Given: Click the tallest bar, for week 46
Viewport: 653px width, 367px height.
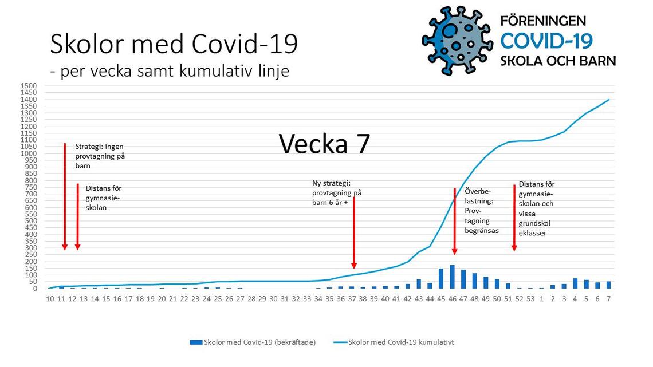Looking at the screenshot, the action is pos(453,277).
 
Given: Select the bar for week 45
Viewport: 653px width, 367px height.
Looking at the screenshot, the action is pos(441,279).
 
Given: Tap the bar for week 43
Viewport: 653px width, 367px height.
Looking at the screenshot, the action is pos(419,284).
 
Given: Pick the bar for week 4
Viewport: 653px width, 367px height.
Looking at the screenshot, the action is pos(575,283).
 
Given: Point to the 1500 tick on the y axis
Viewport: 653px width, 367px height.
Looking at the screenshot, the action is pos(29,86).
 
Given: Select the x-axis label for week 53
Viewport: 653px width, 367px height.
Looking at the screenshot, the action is pos(530,299).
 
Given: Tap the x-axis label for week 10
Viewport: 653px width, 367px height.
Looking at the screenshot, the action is pos(50,299).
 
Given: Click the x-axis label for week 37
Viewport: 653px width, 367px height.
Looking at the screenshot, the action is pos(352,299).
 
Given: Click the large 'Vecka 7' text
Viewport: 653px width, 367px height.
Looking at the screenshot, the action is pos(324,144).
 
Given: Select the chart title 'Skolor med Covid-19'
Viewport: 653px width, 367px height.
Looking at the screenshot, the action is pos(174,44).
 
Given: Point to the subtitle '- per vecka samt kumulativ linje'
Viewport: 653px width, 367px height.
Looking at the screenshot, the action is pos(170,71).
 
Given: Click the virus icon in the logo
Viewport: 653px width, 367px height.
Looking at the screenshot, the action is pos(457,41).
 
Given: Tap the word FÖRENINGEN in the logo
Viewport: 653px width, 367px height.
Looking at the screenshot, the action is pos(543,21).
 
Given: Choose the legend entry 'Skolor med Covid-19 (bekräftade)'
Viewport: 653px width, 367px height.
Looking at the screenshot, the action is pos(253,342).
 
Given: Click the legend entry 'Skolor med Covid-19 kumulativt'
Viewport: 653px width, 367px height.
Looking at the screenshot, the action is pos(394,342).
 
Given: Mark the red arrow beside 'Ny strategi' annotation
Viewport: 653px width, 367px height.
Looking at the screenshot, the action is pos(354,232).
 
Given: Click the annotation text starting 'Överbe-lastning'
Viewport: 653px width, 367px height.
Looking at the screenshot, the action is pos(482,211).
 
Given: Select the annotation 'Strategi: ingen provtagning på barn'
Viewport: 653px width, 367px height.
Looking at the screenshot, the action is pos(100,156).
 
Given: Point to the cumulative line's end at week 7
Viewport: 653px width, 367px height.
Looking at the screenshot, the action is pos(609,100).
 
